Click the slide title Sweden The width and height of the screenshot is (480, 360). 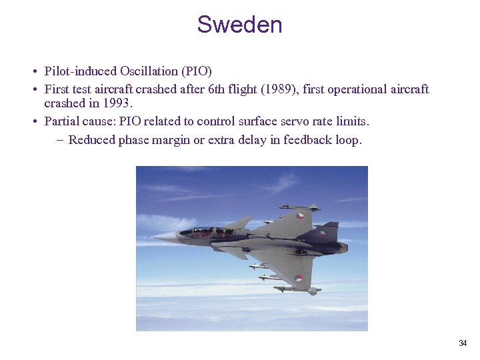239,25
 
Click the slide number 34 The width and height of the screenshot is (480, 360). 463,343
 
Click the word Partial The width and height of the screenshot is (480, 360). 63,121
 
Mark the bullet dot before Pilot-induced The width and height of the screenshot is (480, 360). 33,71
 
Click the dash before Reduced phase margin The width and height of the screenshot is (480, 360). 59,139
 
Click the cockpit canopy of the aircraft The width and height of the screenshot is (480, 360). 210,232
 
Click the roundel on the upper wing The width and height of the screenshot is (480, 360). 301,216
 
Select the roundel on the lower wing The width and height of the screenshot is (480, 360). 298,278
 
